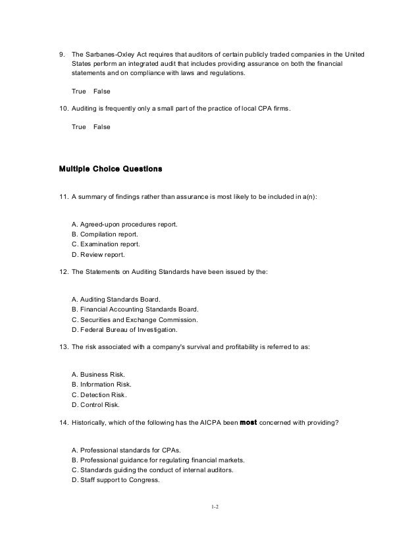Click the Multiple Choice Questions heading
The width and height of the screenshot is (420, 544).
pos(111,169)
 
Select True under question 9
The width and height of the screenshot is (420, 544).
pos(78,91)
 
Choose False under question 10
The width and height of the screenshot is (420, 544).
pos(102,126)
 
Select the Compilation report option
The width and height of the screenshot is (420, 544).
pos(105,234)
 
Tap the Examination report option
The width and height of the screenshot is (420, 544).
pos(105,244)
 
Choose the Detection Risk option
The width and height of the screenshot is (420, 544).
pos(99,394)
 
